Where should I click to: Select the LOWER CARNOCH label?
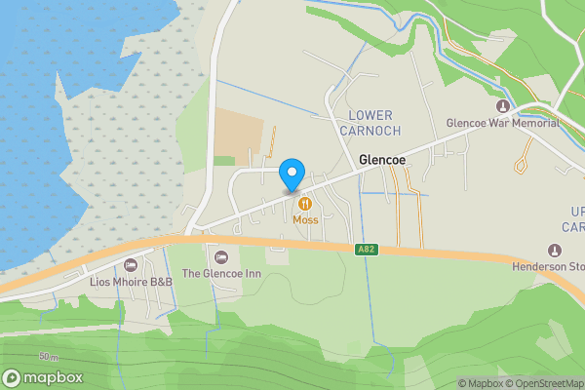pos(370,122)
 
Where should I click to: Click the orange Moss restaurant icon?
pos(305,203)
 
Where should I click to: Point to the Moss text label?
pos(305,220)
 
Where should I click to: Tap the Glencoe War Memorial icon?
pos(502,106)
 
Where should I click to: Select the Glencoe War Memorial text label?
pos(502,124)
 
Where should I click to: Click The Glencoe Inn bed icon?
pos(221,256)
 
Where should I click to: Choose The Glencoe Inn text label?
pos(222,274)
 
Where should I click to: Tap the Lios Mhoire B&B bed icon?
pos(132,265)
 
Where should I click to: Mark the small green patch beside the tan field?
pos(225,160)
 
